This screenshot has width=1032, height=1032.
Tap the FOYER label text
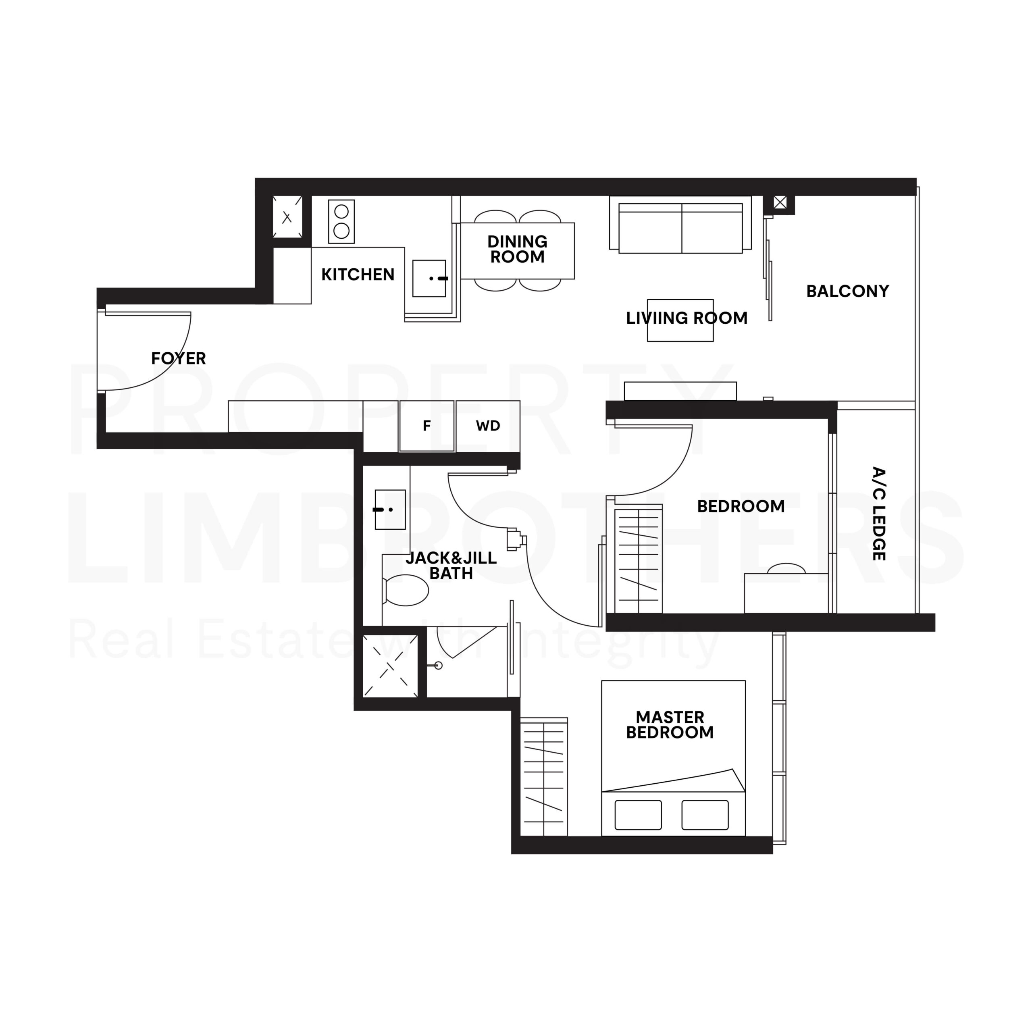(179, 358)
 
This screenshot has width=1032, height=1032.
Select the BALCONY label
(847, 291)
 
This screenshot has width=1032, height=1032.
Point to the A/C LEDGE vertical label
(879, 514)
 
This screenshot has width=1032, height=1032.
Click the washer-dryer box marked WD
(488, 426)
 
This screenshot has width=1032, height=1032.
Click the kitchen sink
(429, 278)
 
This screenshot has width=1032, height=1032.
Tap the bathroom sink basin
(390, 510)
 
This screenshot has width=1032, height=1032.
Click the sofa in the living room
(680, 228)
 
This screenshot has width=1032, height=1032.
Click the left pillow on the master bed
(638, 815)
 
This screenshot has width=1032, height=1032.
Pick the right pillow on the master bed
(705, 815)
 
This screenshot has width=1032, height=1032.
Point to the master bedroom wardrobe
(543, 777)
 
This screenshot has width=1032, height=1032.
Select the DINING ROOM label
(517, 249)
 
